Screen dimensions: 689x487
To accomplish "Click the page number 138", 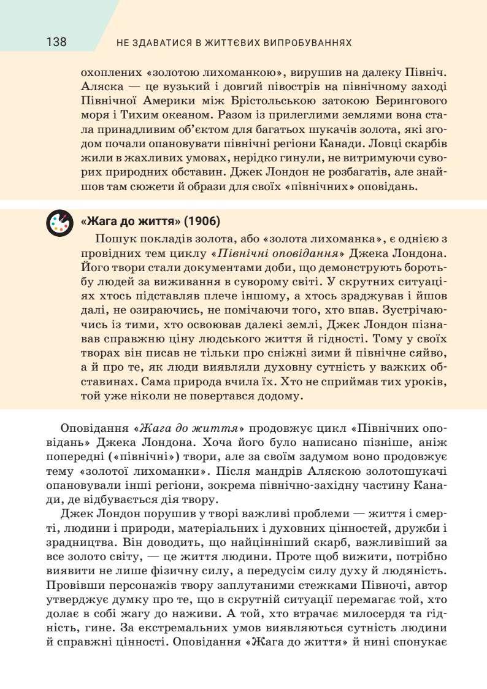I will pos(56,42).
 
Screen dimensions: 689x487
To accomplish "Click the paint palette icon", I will pos(59,223).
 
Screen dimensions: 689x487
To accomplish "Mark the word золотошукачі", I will pos(410,471).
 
